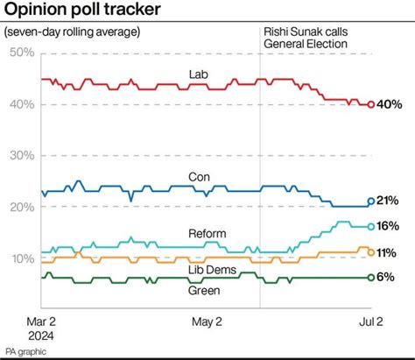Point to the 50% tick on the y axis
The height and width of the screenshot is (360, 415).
click(x=20, y=53)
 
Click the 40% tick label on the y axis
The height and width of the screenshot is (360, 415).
click(x=20, y=104)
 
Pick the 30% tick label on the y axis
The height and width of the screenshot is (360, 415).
click(x=20, y=155)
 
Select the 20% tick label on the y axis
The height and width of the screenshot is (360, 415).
click(x=20, y=207)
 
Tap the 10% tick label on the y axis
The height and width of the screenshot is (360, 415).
click(x=20, y=258)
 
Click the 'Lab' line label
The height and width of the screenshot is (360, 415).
click(x=199, y=73)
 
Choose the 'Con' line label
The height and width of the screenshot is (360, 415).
click(x=199, y=177)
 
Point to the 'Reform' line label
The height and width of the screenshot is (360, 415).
click(x=207, y=233)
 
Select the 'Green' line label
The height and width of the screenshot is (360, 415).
click(x=204, y=290)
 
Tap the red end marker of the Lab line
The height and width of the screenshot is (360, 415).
click(x=371, y=104)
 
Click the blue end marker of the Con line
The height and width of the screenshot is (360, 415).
click(x=371, y=201)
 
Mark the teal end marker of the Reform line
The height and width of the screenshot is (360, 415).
click(x=371, y=226)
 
